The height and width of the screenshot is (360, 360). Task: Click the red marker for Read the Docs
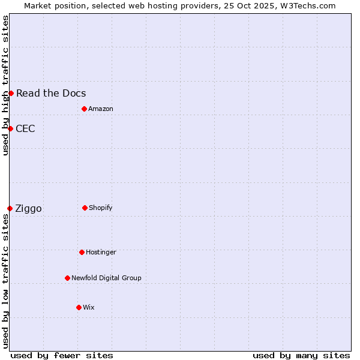pos(11,93)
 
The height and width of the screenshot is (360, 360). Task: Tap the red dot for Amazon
pos(84,109)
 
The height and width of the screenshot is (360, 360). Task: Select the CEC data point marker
pos(10,128)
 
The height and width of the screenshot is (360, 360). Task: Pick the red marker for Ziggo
pos(10,208)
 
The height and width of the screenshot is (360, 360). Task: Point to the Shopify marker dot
pos(85,208)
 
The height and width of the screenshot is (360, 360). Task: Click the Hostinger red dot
pos(82,252)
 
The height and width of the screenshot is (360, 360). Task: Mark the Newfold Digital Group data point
pos(67,278)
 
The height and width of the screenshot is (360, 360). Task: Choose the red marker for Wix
pos(79,307)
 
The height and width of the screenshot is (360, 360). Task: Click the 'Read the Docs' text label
pos(51,93)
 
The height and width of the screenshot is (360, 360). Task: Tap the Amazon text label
pos(101,109)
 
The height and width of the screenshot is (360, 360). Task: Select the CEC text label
pos(25,128)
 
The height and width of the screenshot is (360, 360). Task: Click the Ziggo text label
pos(28,208)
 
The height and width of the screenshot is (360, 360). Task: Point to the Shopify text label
pos(101,208)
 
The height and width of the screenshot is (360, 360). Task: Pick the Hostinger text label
pos(101,252)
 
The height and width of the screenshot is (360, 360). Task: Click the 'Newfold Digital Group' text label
pos(106,278)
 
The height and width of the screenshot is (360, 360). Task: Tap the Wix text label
pos(89,307)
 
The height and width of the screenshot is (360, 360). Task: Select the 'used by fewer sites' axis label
pos(62,355)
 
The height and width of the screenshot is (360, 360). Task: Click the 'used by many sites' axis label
pos(301,355)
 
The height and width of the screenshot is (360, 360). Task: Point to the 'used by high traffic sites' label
pos(5,85)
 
